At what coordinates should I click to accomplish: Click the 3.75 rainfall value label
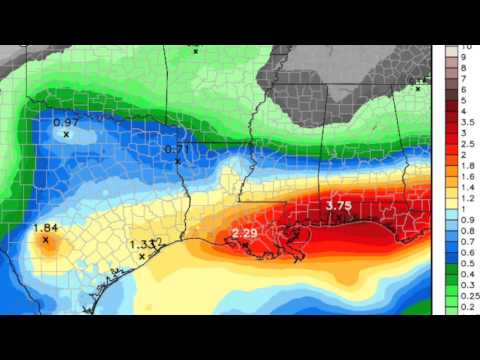click(x=339, y=206)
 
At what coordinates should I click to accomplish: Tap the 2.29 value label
click(x=245, y=233)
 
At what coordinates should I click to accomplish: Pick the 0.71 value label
click(x=175, y=149)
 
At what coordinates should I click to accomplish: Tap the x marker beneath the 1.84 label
click(x=46, y=240)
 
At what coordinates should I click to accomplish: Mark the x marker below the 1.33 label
click(x=142, y=256)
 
